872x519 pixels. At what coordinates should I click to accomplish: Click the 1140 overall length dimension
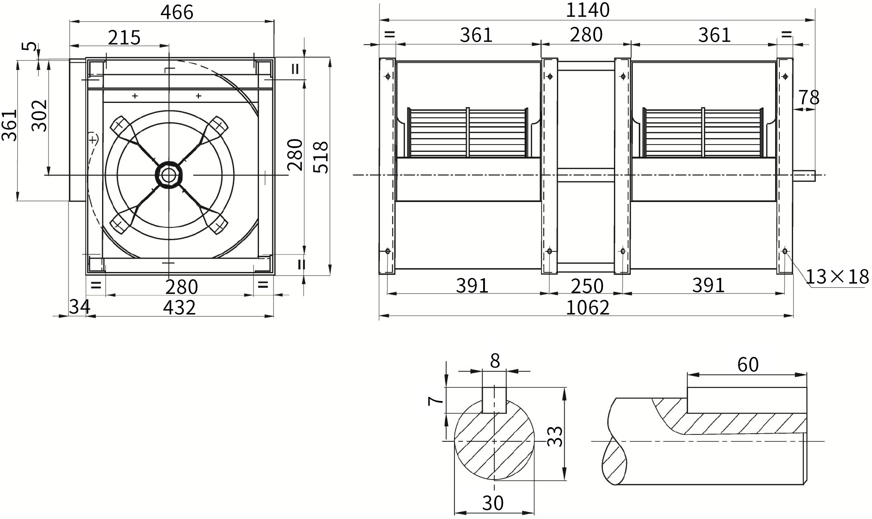588,10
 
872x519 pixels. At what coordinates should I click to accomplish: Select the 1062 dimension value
588,308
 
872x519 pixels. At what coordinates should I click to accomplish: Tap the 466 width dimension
177,12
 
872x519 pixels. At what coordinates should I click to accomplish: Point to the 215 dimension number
124,38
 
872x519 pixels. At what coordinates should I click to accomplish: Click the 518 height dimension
321,157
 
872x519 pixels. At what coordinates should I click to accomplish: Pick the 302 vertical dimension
40,115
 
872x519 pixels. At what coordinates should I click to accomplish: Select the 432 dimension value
180,308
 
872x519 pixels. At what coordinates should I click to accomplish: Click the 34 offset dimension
80,307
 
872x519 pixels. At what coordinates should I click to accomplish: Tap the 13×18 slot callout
838,277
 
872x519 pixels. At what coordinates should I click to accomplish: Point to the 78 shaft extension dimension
809,98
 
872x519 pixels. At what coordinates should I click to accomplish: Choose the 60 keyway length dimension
748,365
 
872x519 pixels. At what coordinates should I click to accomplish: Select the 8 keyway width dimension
495,361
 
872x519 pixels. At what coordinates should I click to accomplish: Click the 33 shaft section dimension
556,436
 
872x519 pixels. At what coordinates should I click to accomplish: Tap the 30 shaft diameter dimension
493,503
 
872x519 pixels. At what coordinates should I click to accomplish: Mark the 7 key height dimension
436,400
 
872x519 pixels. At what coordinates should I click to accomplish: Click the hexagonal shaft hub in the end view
169,175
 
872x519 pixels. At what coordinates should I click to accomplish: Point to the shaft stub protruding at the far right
804,175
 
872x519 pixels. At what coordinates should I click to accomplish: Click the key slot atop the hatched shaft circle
494,400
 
